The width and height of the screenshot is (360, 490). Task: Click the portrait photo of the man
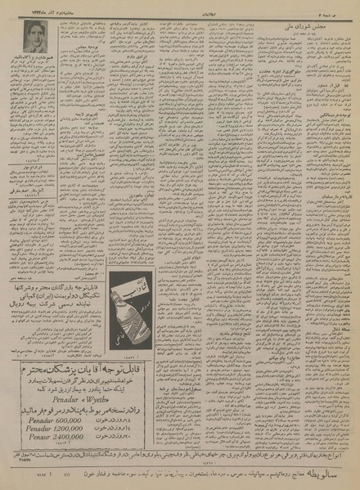(38, 36)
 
